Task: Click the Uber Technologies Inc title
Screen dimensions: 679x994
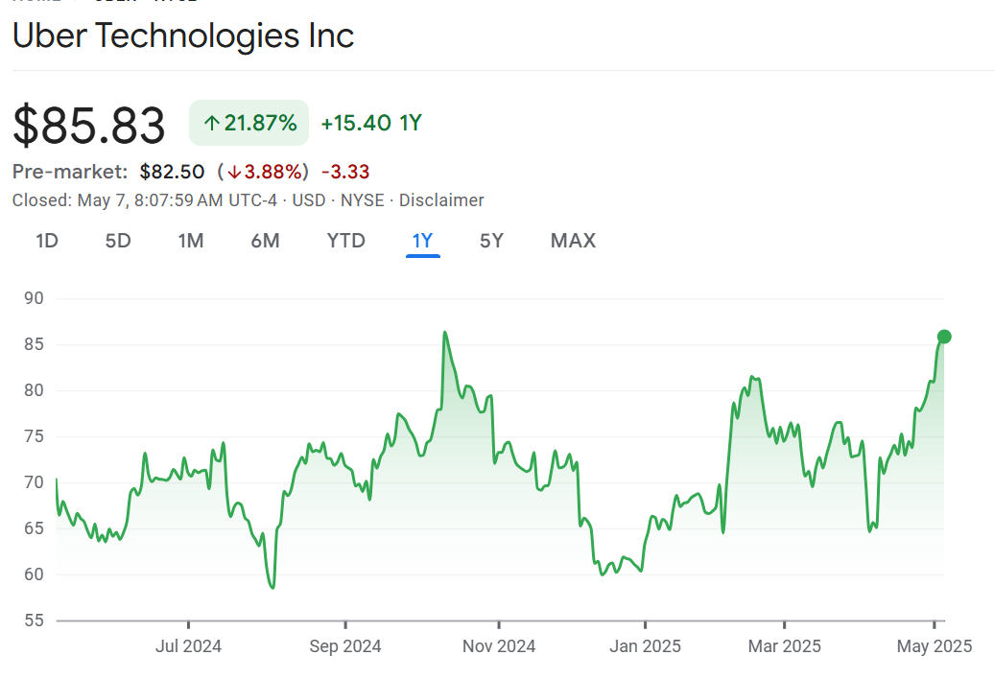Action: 183,35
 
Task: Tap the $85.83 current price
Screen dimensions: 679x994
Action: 89,126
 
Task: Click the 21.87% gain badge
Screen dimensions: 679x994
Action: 249,123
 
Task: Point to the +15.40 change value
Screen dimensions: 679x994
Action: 356,123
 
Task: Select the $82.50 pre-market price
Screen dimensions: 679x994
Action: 172,172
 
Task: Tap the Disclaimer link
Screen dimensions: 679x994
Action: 441,200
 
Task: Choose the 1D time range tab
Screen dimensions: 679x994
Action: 47,241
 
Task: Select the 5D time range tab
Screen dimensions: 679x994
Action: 118,241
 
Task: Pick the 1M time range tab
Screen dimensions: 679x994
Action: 191,241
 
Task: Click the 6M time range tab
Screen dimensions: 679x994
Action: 265,241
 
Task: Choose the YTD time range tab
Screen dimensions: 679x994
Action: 346,241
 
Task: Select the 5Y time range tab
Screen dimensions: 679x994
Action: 491,241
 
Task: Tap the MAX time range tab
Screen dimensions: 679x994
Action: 573,241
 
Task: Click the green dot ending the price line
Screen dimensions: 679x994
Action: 944,336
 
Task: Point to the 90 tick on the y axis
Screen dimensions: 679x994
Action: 34,298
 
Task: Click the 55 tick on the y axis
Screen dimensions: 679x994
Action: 34,620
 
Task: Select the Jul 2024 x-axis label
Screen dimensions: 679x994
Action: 188,645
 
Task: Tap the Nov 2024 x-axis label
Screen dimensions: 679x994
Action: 499,645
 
